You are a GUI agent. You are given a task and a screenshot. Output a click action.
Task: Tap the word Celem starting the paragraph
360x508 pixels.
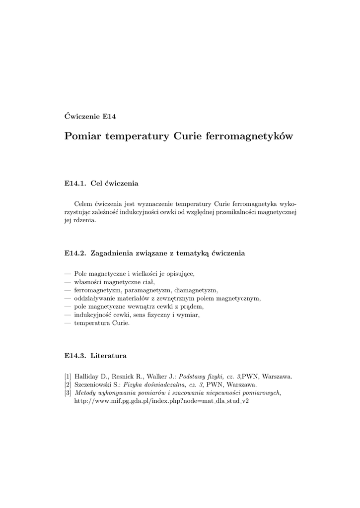(x=83, y=204)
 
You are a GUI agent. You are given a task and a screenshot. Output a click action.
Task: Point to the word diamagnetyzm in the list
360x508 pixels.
(x=197, y=290)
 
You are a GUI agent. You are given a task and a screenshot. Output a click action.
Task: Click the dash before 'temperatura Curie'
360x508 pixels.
(x=68, y=323)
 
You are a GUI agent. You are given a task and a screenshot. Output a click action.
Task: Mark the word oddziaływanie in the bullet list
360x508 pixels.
(x=93, y=299)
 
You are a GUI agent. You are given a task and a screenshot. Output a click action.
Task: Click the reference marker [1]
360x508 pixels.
(x=68, y=376)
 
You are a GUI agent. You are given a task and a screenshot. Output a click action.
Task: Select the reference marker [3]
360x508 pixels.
(x=68, y=393)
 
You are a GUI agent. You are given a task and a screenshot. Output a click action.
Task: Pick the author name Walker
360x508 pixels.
(x=154, y=376)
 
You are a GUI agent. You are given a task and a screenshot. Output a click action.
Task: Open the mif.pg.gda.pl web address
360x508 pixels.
(x=161, y=401)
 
